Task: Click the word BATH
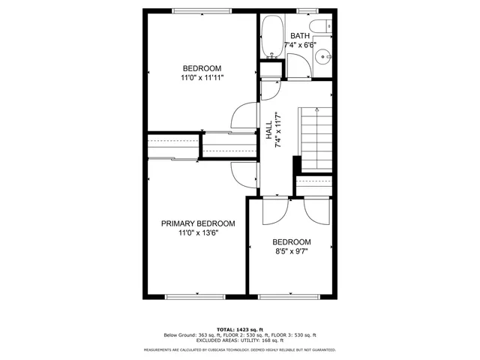point(300,36)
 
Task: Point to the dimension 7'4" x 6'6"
point(300,45)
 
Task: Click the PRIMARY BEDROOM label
point(198,223)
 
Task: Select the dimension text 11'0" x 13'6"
point(198,233)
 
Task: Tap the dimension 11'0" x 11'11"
point(202,77)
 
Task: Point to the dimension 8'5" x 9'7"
point(291,251)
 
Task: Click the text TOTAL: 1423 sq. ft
point(240,329)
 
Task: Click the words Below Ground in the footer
point(178,335)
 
